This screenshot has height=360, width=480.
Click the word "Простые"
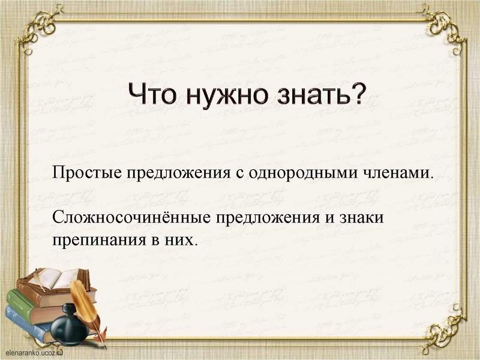tap(86, 174)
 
